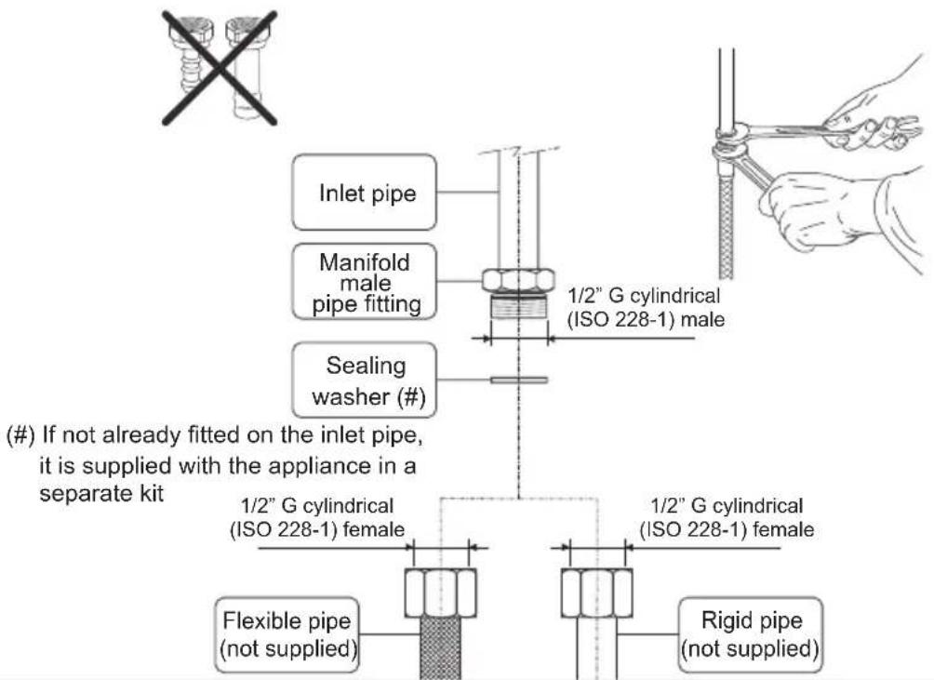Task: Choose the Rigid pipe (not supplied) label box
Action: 750,634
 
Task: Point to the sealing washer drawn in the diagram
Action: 519,380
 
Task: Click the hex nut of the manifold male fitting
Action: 518,280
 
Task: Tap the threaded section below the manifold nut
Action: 518,308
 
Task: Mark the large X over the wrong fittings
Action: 220,68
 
